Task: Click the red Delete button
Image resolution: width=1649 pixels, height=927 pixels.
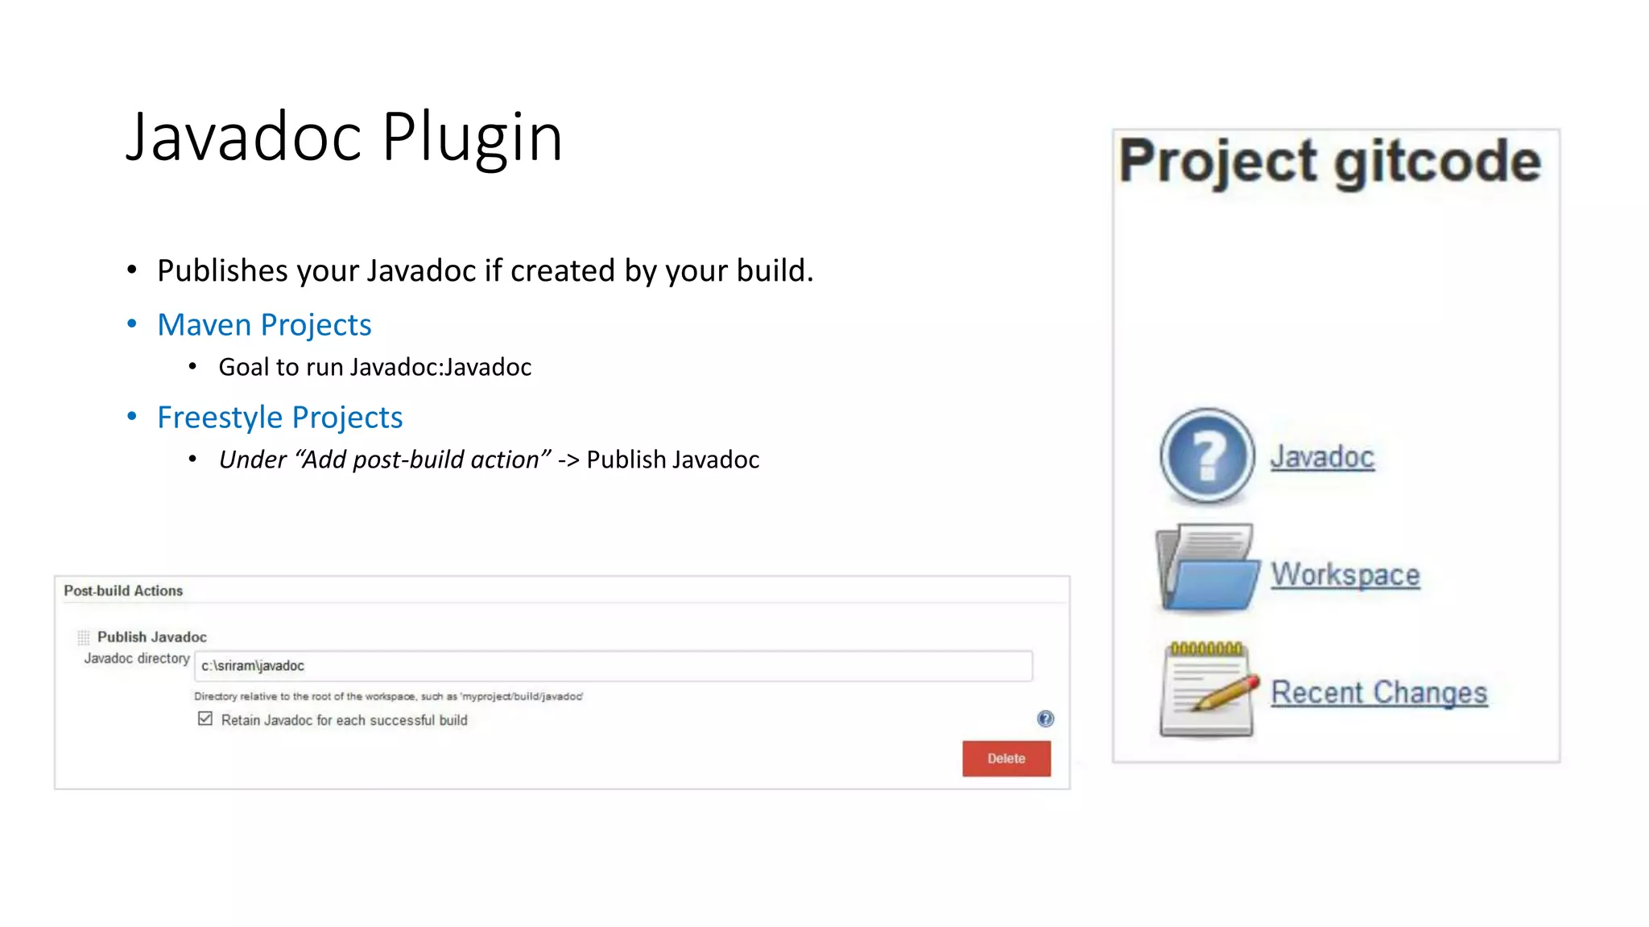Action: (x=1006, y=758)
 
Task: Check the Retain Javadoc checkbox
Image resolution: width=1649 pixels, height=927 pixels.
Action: (x=205, y=719)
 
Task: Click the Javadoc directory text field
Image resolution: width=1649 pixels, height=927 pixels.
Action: (x=612, y=665)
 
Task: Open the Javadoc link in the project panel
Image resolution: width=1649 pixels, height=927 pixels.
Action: (x=1321, y=457)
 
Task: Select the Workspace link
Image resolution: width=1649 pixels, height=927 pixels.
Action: (x=1345, y=575)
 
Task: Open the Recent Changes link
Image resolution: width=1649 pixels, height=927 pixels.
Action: (x=1378, y=692)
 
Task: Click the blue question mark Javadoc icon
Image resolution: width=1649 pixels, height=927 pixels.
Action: (x=1206, y=455)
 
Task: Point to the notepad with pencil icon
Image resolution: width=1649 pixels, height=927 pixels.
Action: (x=1208, y=689)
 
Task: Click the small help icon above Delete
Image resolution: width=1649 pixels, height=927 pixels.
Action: (x=1045, y=719)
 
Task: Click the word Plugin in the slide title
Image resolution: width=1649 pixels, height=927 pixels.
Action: (x=472, y=137)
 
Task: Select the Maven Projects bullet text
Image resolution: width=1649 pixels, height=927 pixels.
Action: (x=264, y=324)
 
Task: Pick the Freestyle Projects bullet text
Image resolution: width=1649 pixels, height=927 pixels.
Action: (x=279, y=417)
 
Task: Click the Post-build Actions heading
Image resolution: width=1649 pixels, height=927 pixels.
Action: (x=123, y=591)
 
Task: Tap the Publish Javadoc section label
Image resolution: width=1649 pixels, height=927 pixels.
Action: (x=152, y=637)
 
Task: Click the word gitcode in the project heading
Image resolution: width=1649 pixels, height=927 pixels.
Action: (x=1437, y=163)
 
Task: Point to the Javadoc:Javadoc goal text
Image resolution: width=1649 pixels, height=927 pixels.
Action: (x=440, y=367)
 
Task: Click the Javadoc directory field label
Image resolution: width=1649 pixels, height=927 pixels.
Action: (x=137, y=658)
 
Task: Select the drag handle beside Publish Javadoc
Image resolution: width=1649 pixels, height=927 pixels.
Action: (x=84, y=637)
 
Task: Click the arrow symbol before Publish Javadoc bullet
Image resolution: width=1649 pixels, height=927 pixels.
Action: (x=568, y=459)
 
